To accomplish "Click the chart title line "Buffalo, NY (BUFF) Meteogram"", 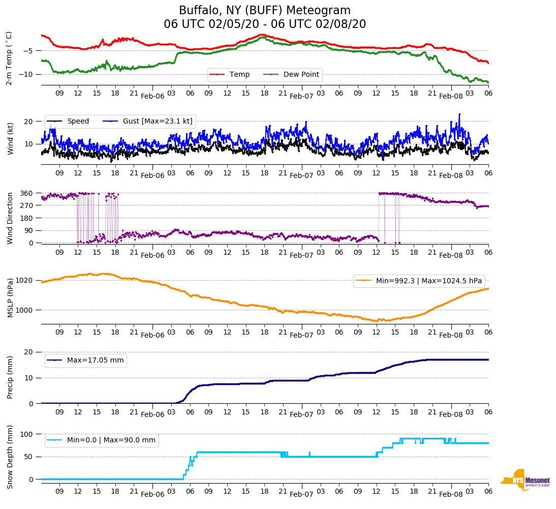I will [264, 11].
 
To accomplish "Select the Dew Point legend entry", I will [301, 75].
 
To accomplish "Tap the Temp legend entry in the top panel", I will [239, 75].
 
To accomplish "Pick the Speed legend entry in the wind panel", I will [78, 122].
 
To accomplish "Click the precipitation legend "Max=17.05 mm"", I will [95, 361].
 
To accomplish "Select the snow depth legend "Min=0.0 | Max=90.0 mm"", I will [111, 440].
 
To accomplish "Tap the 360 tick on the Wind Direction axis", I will [26, 193].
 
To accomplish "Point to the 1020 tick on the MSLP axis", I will [24, 280].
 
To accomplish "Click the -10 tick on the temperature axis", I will [28, 74].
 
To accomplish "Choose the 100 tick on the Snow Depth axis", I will [26, 434].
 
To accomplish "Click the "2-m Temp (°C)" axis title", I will [9, 58].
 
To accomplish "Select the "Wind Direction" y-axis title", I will [9, 218].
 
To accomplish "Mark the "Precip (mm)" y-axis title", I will [9, 377].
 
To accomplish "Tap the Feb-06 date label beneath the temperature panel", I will [152, 96].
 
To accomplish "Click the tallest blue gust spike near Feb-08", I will [459, 114].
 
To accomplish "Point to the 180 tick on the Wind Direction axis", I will [26, 218].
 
